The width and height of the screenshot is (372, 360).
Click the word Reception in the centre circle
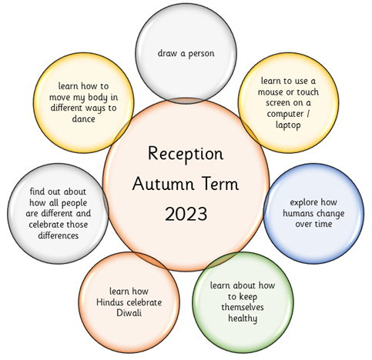(x=186, y=155)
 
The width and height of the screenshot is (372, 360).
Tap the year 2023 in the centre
(x=186, y=214)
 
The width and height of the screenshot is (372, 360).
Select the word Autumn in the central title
(x=163, y=184)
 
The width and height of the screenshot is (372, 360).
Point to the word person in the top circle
(x=201, y=54)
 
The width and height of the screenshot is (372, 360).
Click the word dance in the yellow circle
(x=83, y=118)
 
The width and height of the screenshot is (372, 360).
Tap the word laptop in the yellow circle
(x=288, y=125)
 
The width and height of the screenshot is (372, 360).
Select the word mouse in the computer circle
(x=271, y=92)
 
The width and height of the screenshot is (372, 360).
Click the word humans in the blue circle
(x=298, y=213)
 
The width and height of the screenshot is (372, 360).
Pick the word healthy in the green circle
(x=243, y=318)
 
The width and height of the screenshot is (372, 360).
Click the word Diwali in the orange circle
(x=129, y=313)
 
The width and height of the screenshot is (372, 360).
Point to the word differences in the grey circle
(x=59, y=235)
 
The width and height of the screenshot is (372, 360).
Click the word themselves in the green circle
(x=243, y=307)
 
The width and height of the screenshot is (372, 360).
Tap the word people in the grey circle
(x=74, y=203)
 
